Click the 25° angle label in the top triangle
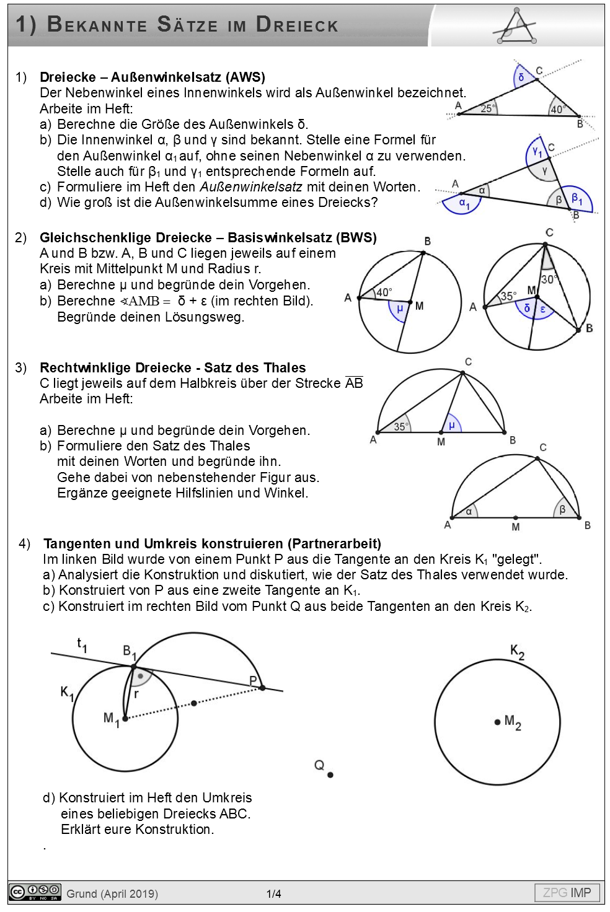pyautogui.click(x=488, y=108)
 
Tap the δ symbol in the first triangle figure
pyautogui.click(x=521, y=77)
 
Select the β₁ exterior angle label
pyautogui.click(x=577, y=199)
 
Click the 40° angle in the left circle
pyautogui.click(x=384, y=292)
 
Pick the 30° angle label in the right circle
pyautogui.click(x=549, y=279)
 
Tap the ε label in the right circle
pyautogui.click(x=543, y=309)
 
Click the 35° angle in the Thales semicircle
pyautogui.click(x=401, y=426)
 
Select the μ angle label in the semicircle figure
pyautogui.click(x=452, y=425)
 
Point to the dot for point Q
pyautogui.click(x=330, y=774)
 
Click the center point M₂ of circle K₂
pyautogui.click(x=497, y=722)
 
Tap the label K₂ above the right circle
pyautogui.click(x=517, y=651)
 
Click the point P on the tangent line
pyautogui.click(x=262, y=687)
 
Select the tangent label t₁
pyautogui.click(x=82, y=645)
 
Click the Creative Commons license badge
pyautogui.click(x=35, y=892)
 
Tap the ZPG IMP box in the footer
pyautogui.click(x=567, y=893)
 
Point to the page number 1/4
pyautogui.click(x=274, y=893)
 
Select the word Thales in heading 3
pyautogui.click(x=285, y=368)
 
